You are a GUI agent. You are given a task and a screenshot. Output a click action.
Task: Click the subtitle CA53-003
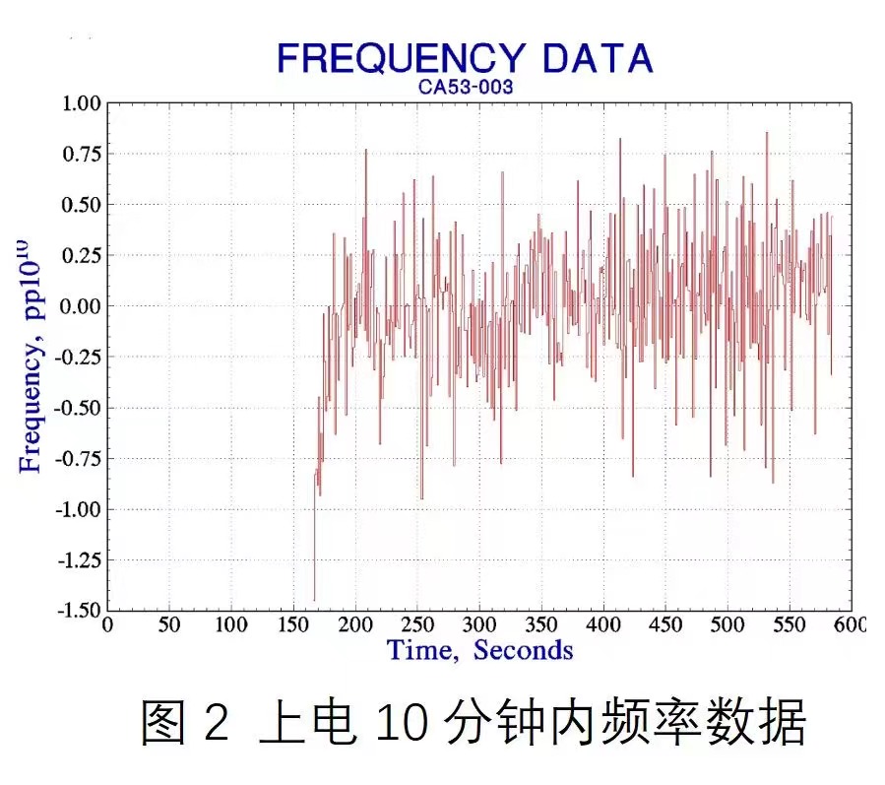(465, 87)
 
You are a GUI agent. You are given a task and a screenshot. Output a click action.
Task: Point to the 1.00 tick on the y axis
(82, 103)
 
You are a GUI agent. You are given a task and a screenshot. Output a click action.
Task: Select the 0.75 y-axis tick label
(82, 154)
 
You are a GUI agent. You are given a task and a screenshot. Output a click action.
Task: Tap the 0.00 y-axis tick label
(82, 306)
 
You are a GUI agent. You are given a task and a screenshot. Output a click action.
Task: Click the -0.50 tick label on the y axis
(79, 408)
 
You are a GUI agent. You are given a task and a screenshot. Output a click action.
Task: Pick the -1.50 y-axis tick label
(79, 611)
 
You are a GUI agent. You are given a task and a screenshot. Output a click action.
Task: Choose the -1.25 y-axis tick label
(79, 560)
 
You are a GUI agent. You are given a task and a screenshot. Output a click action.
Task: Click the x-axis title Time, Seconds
(479, 650)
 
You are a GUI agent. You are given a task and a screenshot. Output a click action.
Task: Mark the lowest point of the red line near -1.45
(314, 600)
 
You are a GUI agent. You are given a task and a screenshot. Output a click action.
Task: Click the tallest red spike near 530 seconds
(766, 133)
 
